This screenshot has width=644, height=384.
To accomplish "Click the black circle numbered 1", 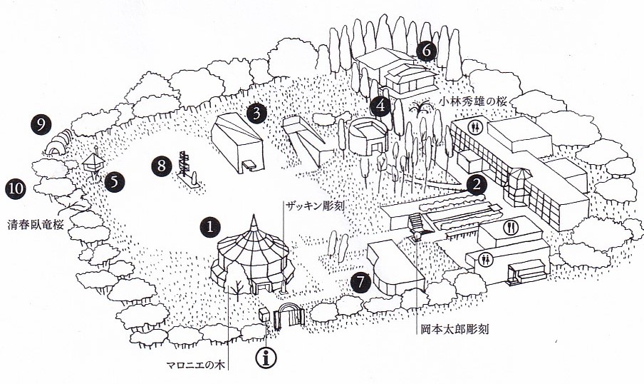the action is coord(210,227).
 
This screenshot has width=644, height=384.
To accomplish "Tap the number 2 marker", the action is coord(477,185).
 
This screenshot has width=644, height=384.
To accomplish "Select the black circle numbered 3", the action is coord(256,113).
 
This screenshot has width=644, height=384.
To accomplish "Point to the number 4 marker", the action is coord(380,106).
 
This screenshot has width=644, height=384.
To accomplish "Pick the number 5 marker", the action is coord(115,182).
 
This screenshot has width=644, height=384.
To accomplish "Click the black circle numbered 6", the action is coord(426,51).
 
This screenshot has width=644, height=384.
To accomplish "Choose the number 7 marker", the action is coord(360,283).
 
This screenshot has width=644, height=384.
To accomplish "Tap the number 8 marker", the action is coord(162,166).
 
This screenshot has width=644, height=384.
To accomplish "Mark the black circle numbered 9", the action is coord(41,124).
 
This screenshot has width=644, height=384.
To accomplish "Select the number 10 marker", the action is coord(16,189).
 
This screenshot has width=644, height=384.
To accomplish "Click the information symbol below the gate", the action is coord(266,358).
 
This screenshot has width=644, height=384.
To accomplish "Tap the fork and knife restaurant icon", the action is coord(511,228).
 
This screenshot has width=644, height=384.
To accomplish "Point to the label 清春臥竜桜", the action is coord(36,225).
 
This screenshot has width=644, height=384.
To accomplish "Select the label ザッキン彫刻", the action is coord(315,206).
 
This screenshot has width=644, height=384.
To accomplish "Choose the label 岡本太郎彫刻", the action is coord(455,329).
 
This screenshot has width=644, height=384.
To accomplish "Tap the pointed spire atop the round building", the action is coord(254,222).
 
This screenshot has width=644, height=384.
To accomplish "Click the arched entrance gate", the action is coord(291,315).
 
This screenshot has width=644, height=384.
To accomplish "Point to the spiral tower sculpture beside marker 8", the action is coord(183,163).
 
